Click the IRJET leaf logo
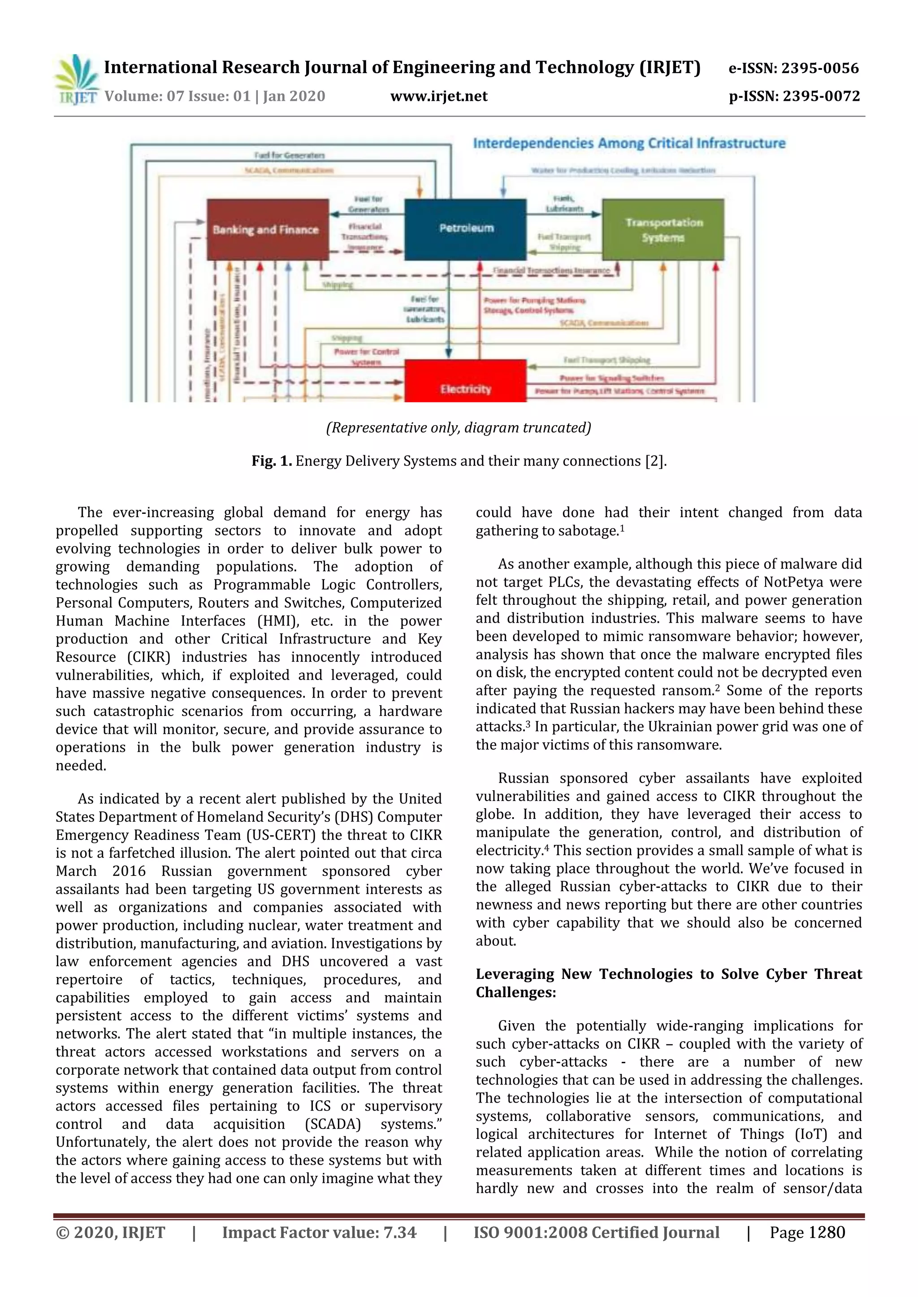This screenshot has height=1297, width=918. point(76,80)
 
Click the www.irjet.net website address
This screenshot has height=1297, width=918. point(439,97)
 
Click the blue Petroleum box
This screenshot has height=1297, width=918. point(466,228)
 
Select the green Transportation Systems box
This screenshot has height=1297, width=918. point(663,229)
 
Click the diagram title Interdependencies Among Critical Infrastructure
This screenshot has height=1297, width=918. point(629,143)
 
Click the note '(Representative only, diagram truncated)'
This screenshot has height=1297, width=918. point(459,427)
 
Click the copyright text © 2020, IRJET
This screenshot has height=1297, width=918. point(111,1232)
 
